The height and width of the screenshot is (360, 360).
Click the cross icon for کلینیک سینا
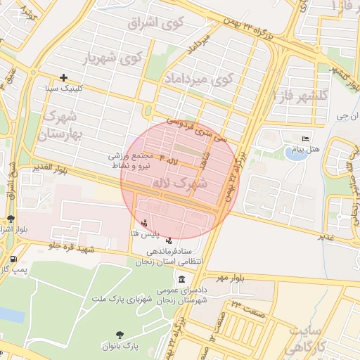(64, 77)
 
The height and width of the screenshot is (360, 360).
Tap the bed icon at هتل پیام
(304, 138)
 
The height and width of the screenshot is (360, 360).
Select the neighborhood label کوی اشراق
(156, 23)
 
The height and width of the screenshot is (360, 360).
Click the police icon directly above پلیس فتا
(145, 223)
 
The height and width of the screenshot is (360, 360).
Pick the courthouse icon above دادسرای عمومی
(182, 279)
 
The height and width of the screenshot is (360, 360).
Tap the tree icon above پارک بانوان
(118, 335)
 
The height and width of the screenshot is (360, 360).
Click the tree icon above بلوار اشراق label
(10, 219)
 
